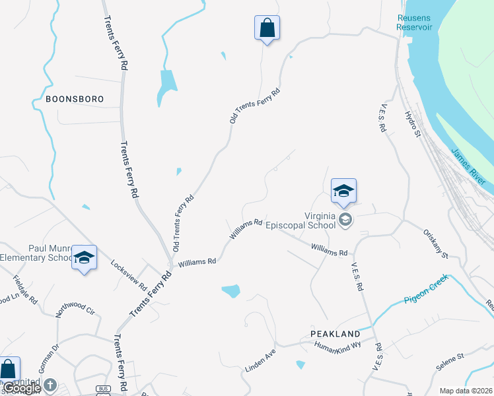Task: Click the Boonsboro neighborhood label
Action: click(x=75, y=99)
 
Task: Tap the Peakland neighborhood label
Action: click(x=335, y=334)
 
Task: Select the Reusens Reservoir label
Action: click(x=414, y=22)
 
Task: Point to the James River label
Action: click(x=468, y=166)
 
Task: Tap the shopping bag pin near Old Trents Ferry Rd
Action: click(x=267, y=29)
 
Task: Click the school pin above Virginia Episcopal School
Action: click(x=343, y=192)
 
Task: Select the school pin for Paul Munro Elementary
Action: click(x=84, y=258)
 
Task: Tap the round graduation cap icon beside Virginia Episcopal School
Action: click(x=344, y=220)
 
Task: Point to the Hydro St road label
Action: click(x=413, y=124)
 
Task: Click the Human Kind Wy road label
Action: click(x=337, y=345)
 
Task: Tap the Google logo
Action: click(x=22, y=388)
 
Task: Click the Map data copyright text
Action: click(x=466, y=391)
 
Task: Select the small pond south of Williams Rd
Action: click(x=230, y=290)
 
